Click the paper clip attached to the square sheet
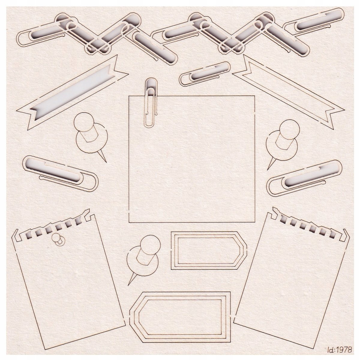click(151, 103)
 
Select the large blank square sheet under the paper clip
click(192, 159)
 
